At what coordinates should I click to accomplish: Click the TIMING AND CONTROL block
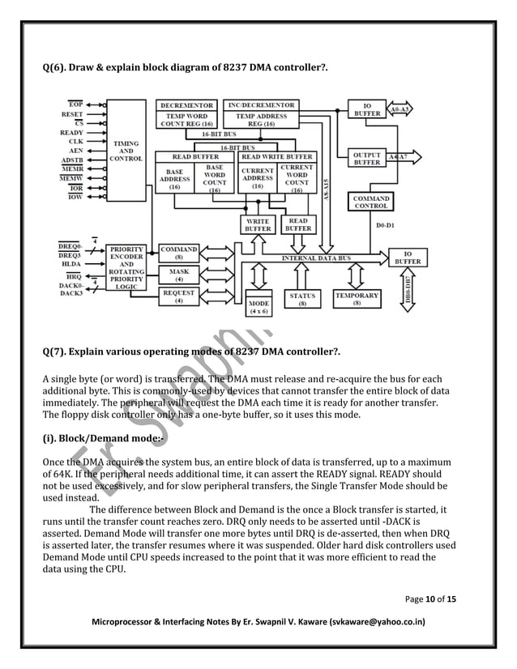click(126, 151)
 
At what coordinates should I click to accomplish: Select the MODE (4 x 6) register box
click(261, 305)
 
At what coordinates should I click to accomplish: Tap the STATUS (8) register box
click(302, 300)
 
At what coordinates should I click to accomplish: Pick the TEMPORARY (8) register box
click(357, 300)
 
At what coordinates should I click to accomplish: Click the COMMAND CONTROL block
click(372, 202)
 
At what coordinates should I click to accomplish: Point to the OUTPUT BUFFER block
click(366, 158)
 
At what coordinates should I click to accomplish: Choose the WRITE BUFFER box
click(258, 224)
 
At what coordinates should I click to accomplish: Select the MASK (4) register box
click(179, 273)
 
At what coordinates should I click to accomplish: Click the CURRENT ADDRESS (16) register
click(258, 177)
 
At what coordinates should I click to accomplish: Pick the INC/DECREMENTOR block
click(258, 105)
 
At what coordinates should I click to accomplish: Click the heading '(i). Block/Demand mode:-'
click(96, 439)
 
